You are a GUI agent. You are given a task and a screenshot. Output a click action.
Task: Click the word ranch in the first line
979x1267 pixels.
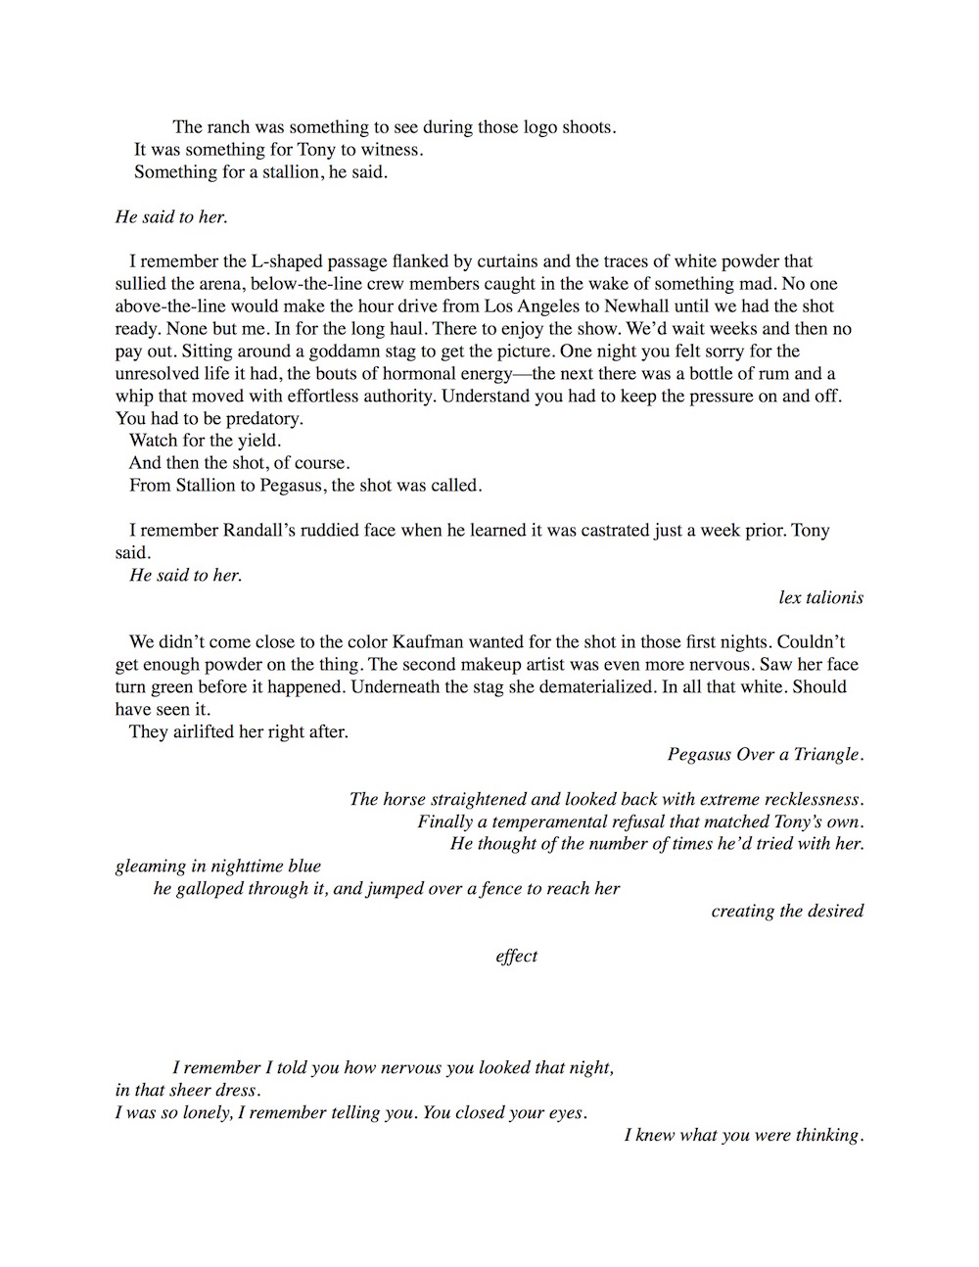coord(231,127)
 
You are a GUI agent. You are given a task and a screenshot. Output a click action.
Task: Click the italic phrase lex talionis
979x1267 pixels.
coord(820,597)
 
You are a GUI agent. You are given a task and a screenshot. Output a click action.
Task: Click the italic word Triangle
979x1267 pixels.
coord(824,754)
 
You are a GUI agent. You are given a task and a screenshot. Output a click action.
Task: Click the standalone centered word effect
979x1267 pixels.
coord(516,957)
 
